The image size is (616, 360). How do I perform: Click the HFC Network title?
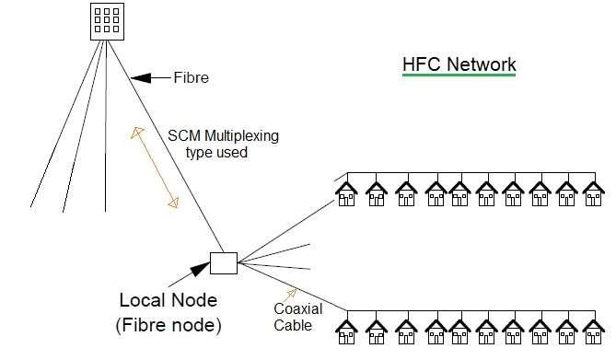459,64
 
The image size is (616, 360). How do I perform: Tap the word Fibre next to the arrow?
191,78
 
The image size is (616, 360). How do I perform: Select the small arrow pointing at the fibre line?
147,77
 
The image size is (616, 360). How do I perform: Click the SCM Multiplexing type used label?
223,144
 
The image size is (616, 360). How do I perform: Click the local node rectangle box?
223,263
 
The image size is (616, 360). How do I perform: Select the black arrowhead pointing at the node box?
198,268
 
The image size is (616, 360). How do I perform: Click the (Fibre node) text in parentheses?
169,325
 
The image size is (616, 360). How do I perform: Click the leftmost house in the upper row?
347,193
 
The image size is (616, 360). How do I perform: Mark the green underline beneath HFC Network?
459,76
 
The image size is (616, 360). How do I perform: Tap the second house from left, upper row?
375,193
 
